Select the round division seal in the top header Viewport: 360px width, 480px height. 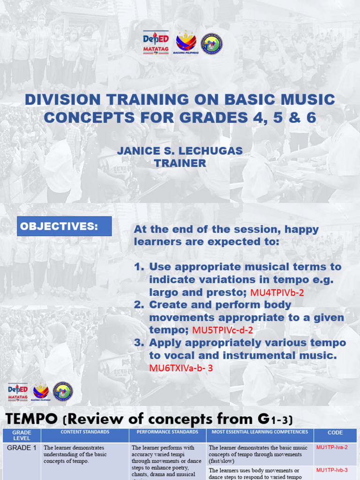[x=211, y=44]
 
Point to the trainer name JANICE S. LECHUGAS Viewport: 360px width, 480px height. [x=180, y=151]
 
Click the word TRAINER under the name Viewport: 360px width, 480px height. [x=180, y=163]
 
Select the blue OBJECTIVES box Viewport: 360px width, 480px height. [x=65, y=226]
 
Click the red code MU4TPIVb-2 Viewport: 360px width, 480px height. [x=277, y=292]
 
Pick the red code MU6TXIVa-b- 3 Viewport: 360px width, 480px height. [x=181, y=368]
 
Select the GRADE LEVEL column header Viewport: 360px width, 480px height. [x=22, y=435]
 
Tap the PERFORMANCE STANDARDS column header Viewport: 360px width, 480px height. [x=167, y=432]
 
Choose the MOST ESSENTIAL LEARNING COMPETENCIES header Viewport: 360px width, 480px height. [x=260, y=432]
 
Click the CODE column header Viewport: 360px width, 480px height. [x=335, y=433]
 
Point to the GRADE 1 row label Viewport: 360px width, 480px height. [x=22, y=448]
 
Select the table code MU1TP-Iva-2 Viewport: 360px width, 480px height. [x=332, y=448]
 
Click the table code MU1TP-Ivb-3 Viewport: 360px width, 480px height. [x=332, y=470]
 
